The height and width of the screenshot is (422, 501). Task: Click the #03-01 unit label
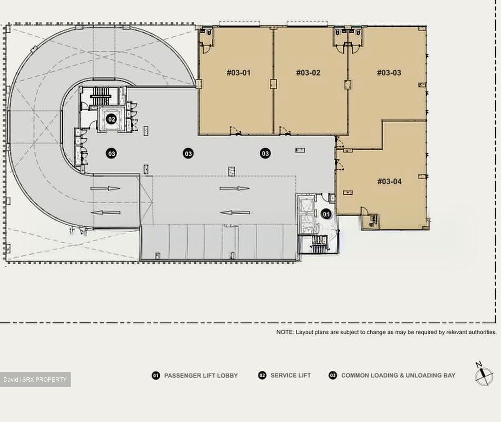coord(239,72)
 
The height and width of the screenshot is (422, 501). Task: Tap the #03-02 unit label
coord(308,72)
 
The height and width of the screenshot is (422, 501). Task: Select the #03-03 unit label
coord(389,72)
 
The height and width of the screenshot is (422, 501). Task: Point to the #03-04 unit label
coord(389,181)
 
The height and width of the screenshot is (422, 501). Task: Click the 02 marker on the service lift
coord(112,119)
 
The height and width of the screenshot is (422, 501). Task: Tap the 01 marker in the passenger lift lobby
coord(326,214)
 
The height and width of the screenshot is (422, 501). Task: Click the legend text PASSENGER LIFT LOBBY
coord(201,375)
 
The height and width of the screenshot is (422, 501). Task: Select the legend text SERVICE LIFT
coord(291,375)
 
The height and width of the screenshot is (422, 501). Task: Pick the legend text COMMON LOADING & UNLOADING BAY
coord(398,375)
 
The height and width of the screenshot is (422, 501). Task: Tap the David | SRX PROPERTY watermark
coord(35,380)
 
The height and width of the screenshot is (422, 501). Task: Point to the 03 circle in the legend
coord(333,375)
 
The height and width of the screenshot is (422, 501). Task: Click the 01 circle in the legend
coord(156,375)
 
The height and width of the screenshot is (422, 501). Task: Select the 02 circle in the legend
coord(262,375)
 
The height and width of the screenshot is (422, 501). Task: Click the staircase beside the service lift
coord(101,96)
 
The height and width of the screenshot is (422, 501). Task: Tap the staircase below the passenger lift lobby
coord(319,244)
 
